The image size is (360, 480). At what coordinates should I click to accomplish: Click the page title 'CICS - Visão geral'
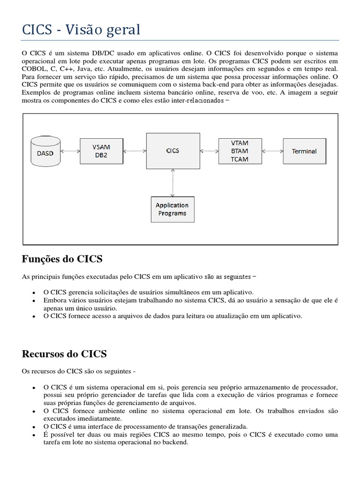(x=81, y=30)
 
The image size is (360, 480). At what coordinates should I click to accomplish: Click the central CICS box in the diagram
(x=172, y=151)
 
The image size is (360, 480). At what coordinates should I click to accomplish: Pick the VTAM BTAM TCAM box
(x=240, y=151)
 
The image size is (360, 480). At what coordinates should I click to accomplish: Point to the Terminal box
(x=304, y=151)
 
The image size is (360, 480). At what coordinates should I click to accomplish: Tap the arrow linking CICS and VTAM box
(x=210, y=151)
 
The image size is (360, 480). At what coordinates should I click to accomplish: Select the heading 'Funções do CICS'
(x=62, y=259)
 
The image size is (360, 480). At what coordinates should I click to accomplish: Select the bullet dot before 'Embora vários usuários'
(x=35, y=300)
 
